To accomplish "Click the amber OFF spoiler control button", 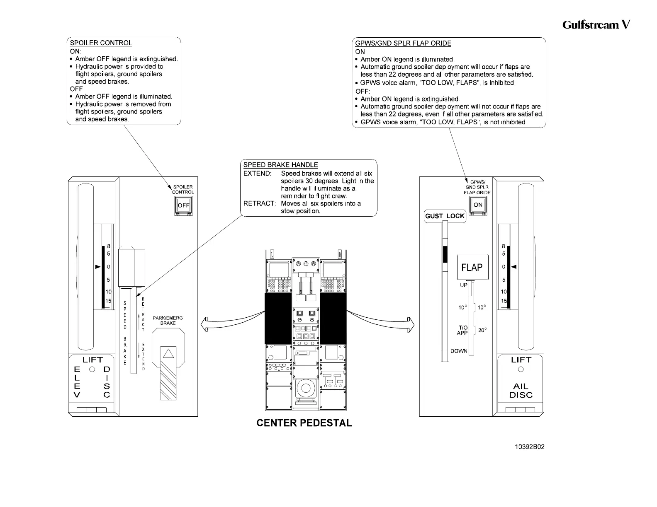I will click(183, 206).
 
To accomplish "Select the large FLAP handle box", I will click(472, 268).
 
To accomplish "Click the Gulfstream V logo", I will click(596, 25).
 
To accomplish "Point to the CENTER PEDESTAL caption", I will click(304, 423).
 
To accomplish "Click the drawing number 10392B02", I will click(529, 447).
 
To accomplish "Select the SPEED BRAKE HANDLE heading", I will click(280, 165).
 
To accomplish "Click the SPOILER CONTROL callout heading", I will click(101, 43).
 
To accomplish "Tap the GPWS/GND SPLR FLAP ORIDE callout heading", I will click(403, 43).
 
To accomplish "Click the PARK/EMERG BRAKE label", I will click(168, 320).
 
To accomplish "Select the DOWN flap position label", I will click(459, 351).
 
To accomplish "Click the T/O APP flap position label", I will click(462, 330).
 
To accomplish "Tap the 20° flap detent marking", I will click(482, 330).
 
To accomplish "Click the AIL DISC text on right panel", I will click(521, 390).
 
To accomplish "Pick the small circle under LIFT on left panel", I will click(92, 369).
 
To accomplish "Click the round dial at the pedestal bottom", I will click(306, 389).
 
